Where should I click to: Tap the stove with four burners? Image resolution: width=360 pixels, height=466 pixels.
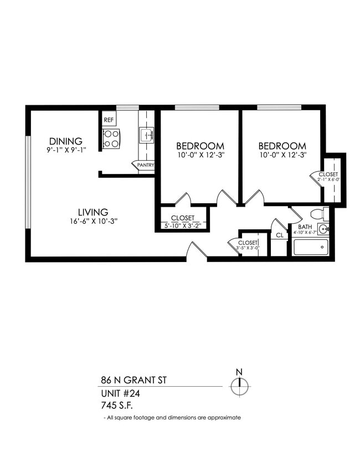[111, 138]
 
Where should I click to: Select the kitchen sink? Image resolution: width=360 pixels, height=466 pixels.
[146, 135]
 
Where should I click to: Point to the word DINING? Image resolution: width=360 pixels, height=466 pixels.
[65, 141]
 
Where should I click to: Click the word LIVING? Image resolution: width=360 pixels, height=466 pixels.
[92, 212]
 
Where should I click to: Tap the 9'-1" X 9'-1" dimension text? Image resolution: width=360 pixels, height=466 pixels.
[66, 150]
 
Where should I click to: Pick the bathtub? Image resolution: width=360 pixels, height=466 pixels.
[310, 247]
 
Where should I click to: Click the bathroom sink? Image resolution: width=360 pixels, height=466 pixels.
[323, 229]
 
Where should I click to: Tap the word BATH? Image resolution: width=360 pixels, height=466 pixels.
[305, 227]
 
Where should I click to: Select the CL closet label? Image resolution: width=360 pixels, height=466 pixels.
[280, 235]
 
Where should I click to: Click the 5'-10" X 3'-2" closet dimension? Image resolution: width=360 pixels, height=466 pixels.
[183, 226]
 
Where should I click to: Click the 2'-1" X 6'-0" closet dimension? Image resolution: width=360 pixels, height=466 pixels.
[328, 180]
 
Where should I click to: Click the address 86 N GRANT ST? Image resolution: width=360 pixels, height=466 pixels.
[132, 381]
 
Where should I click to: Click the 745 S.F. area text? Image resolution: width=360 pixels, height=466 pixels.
[118, 406]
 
